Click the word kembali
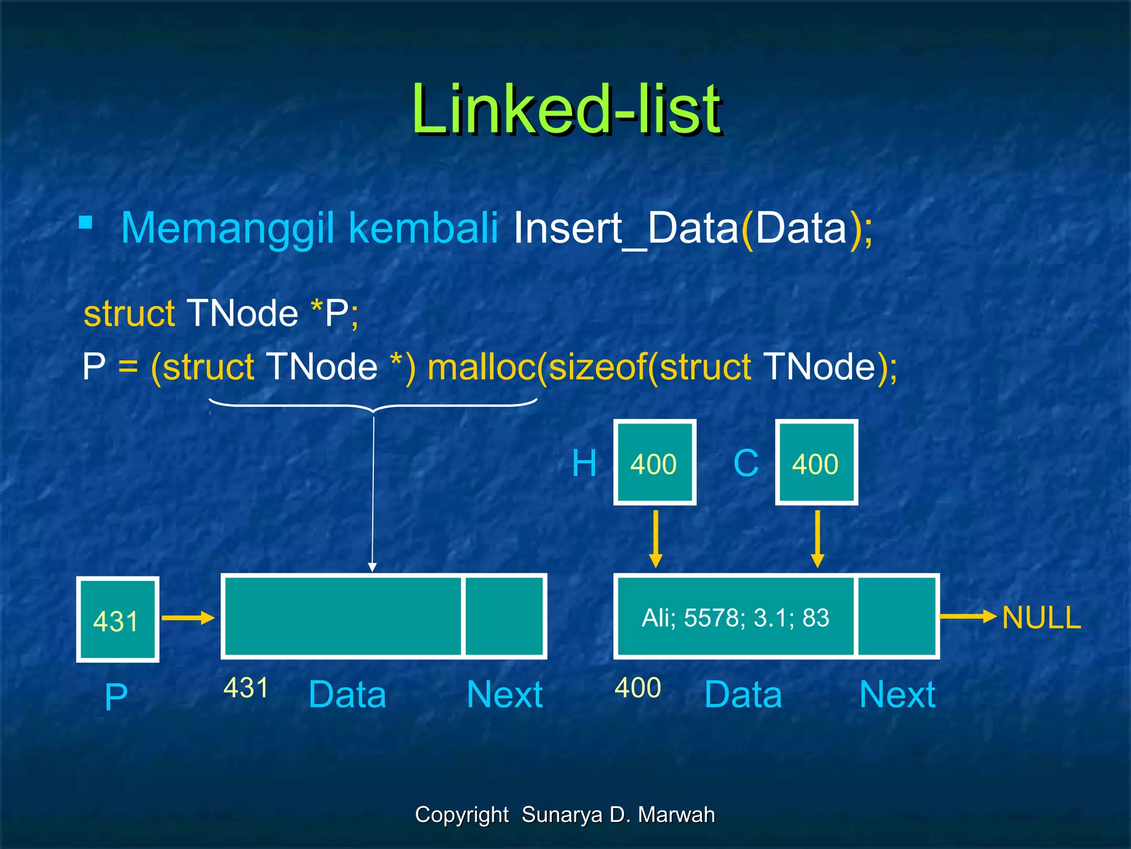pyautogui.click(x=424, y=228)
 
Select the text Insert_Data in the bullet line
pyautogui.click(x=626, y=228)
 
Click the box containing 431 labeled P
pyautogui.click(x=118, y=620)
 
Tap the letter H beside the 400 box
pyautogui.click(x=584, y=463)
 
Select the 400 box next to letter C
pyautogui.click(x=816, y=463)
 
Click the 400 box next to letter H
pyautogui.click(x=654, y=463)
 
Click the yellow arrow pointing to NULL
pyautogui.click(x=968, y=616)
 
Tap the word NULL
pyautogui.click(x=1041, y=617)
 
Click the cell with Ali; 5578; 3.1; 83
pyautogui.click(x=735, y=617)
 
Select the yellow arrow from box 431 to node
pyautogui.click(x=188, y=618)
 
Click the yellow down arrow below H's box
pyautogui.click(x=656, y=539)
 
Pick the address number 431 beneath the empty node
pyautogui.click(x=246, y=688)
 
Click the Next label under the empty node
pyautogui.click(x=504, y=695)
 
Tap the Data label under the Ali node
pyautogui.click(x=743, y=695)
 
